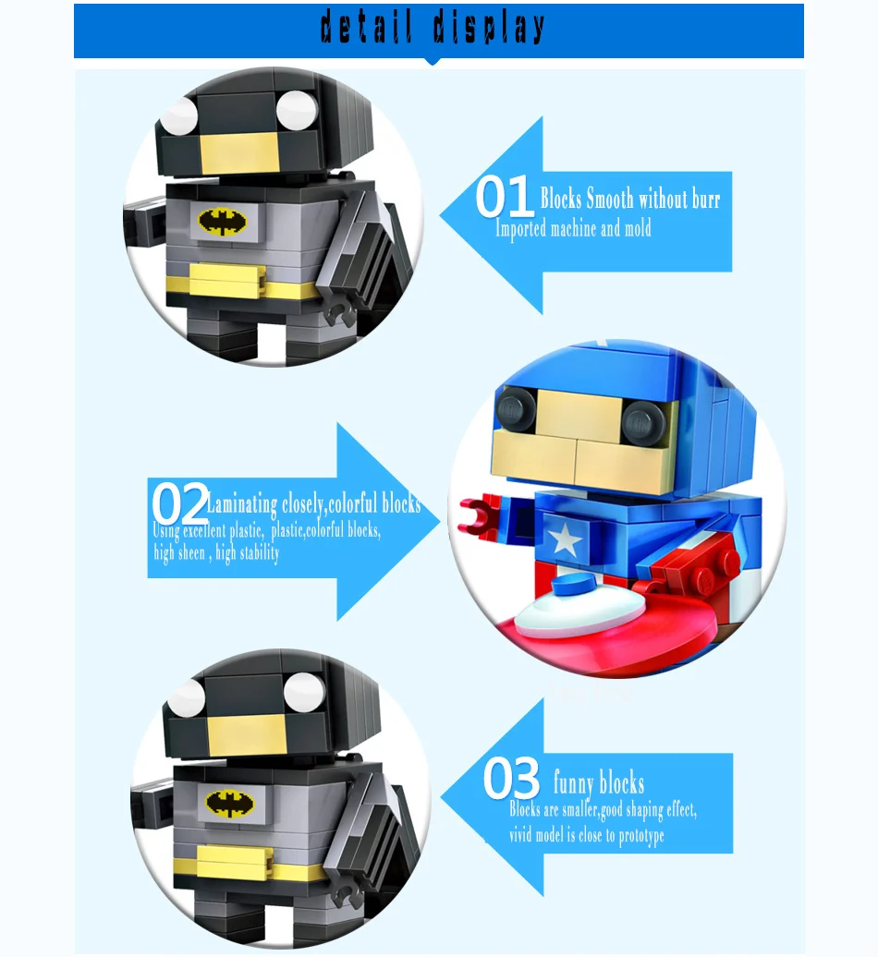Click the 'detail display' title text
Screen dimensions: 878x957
coord(433,28)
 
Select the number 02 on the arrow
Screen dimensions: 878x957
coord(180,503)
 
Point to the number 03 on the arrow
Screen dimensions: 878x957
coord(511,778)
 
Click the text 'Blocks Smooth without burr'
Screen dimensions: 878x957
coord(630,199)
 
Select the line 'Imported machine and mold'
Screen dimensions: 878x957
coord(573,229)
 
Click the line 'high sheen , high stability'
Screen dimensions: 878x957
coord(217,553)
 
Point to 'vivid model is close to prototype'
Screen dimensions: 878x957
coord(587,835)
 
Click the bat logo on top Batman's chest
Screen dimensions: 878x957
coord(222,222)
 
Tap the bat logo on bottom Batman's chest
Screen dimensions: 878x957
coord(229,804)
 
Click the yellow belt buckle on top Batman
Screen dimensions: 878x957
coord(227,282)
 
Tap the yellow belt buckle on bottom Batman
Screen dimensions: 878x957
coord(235,862)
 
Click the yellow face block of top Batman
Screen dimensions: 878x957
coord(236,153)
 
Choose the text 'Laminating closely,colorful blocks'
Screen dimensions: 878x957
coord(314,504)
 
